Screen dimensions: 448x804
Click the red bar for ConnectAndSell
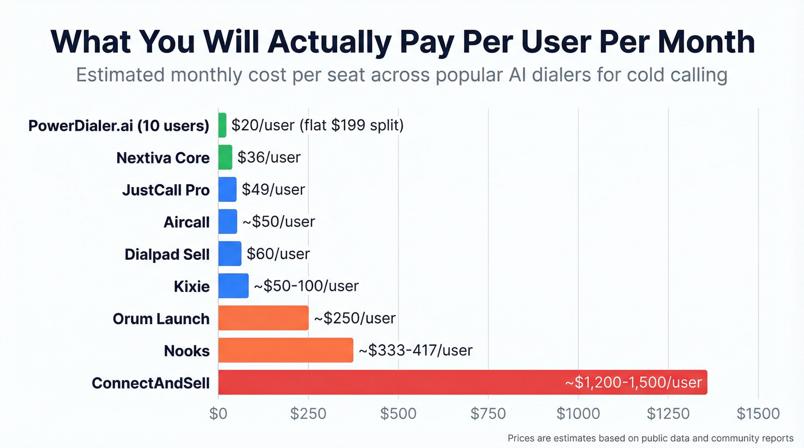[402, 382]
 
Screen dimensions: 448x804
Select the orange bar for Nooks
[285, 350]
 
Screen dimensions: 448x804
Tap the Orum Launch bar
[263, 318]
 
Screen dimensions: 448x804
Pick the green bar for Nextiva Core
[225, 157]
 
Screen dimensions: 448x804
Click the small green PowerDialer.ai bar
[222, 125]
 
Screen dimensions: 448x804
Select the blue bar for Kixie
[233, 286]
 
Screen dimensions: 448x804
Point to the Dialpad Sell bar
[230, 254]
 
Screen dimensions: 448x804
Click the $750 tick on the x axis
[488, 414]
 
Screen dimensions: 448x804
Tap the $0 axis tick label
[218, 414]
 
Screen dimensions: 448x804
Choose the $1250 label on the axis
[668, 414]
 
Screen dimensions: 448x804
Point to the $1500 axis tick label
[758, 414]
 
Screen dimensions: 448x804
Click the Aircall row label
[187, 222]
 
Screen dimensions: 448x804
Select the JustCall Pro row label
[166, 190]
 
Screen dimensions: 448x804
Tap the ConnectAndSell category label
[150, 383]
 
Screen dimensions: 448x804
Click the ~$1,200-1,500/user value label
[633, 382]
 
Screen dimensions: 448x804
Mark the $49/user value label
[273, 189]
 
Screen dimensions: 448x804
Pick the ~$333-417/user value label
[415, 350]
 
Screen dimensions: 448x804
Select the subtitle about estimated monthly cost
[401, 75]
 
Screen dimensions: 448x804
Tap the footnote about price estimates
[650, 438]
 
